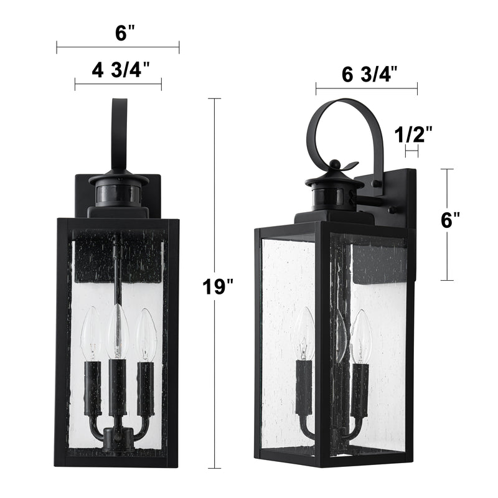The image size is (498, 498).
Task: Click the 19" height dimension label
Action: coord(218,287)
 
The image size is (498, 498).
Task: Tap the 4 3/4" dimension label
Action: coord(121,70)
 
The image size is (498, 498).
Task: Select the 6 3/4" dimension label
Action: coord(370,74)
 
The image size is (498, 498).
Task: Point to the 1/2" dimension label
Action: coord(413,134)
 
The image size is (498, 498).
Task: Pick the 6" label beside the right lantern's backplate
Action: coord(450,220)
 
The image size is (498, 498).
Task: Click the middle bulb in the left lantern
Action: coord(118,331)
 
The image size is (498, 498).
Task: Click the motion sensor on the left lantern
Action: coord(118,193)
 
